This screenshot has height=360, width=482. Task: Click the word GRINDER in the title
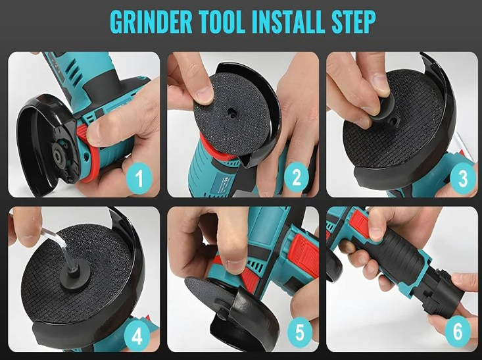(151, 22)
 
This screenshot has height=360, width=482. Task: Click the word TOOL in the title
(222, 22)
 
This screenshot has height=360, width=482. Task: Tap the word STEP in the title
(354, 22)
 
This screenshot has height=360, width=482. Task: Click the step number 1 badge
(139, 178)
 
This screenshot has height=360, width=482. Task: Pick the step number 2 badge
(297, 178)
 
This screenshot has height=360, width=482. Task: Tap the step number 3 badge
(463, 178)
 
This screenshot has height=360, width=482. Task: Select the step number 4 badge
(137, 336)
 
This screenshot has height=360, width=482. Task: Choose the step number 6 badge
(458, 332)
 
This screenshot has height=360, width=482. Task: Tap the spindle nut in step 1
(57, 151)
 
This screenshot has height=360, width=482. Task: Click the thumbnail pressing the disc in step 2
(205, 93)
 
